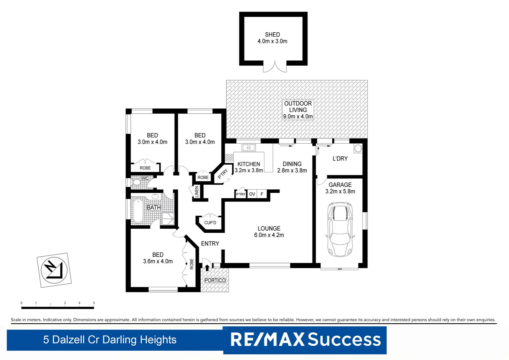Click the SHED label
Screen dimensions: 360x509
(x=272, y=35)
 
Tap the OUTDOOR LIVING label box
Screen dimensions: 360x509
(x=298, y=110)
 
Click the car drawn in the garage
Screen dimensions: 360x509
(x=340, y=229)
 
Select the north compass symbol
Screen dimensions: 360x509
(x=54, y=270)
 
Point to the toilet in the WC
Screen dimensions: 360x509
(x=137, y=183)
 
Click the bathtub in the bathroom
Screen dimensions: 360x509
(x=137, y=211)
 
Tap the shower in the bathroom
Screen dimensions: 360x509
(x=168, y=219)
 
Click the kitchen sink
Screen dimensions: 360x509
(x=249, y=147)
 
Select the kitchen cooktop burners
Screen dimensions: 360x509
(x=229, y=158)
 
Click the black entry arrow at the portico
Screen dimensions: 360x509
(x=207, y=267)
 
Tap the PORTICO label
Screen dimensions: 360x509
(x=215, y=280)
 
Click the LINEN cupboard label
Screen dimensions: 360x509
(x=197, y=192)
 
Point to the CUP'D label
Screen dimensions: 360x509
(x=210, y=223)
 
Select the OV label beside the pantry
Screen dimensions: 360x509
(x=252, y=194)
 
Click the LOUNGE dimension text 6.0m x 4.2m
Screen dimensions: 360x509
(x=269, y=235)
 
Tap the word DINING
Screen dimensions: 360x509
(x=292, y=164)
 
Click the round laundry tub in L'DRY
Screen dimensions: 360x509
(x=358, y=148)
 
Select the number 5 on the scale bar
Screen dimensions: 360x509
(x=94, y=303)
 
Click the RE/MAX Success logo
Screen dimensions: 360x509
(x=305, y=340)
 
